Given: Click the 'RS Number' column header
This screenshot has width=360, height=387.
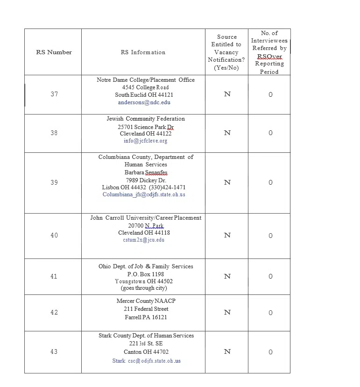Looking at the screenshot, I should click(54, 52).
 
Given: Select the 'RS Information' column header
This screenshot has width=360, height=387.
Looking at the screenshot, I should click(143, 52).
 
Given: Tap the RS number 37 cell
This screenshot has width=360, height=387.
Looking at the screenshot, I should click(54, 94).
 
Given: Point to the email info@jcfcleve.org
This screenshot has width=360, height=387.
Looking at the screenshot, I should click(145, 141).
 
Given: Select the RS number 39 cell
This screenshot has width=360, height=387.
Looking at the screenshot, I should click(54, 183).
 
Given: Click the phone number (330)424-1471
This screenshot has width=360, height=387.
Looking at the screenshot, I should click(167, 187).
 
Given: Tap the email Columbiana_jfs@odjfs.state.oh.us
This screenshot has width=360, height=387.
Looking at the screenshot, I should click(144, 194).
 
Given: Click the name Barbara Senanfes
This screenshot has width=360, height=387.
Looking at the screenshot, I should click(146, 172).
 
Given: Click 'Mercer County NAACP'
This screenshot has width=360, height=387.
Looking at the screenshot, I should click(146, 301).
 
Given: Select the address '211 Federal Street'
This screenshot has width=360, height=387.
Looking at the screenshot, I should click(146, 309).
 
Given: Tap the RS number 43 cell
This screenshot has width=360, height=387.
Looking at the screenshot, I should click(54, 352).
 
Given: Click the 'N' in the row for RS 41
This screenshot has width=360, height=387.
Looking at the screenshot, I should click(227, 277).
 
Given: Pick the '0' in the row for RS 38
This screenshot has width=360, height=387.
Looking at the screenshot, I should click(270, 133).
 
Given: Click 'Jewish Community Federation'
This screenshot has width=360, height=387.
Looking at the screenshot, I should click(146, 119).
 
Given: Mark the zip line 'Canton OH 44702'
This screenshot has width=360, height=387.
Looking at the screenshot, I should click(146, 352).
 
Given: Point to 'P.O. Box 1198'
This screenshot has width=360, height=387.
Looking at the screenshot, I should click(145, 274).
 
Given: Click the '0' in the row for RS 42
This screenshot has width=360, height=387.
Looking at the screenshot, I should click(270, 313).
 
